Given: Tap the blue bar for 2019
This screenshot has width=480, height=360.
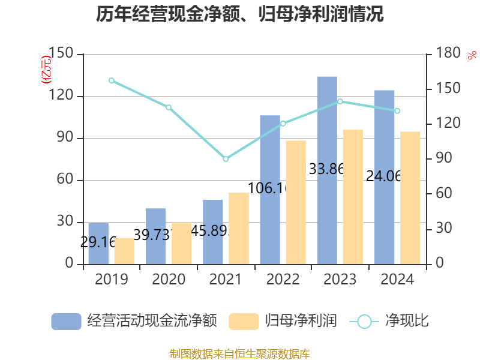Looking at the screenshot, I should pyautogui.click(x=98, y=243).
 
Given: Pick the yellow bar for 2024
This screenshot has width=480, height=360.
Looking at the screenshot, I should pyautogui.click(x=410, y=198).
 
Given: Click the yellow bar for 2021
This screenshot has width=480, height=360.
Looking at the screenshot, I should pyautogui.click(x=238, y=229).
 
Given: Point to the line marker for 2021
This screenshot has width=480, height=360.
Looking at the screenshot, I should pyautogui.click(x=226, y=159).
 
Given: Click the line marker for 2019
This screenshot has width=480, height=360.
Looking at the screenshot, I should pyautogui.click(x=112, y=80).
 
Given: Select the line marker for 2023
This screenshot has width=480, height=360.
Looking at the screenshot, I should pyautogui.click(x=340, y=101).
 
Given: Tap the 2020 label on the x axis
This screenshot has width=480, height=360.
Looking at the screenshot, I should pyautogui.click(x=169, y=280).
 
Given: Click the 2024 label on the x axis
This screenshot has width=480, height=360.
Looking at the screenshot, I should pyautogui.click(x=397, y=280).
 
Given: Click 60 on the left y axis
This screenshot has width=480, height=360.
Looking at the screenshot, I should pyautogui.click(x=66, y=181).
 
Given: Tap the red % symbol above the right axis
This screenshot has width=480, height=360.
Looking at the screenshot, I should pyautogui.click(x=471, y=55).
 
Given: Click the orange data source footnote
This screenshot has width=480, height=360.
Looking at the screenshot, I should pyautogui.click(x=240, y=353).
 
